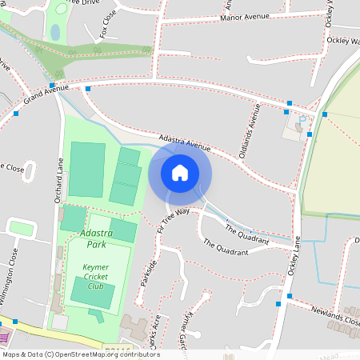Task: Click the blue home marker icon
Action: [x=180, y=173]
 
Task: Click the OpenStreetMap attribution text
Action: [x=80, y=354]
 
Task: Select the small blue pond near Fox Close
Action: [x=54, y=33]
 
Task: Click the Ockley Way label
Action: [x=343, y=40]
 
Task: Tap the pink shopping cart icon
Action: [x=3, y=330]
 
